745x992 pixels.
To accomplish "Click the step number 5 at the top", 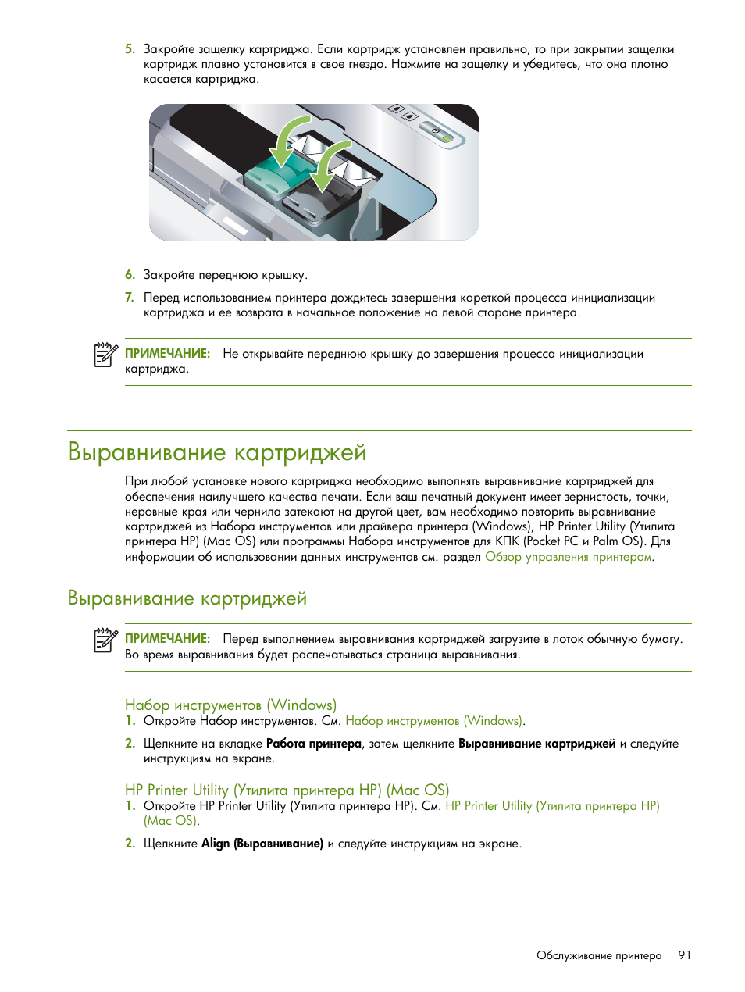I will point(130,49).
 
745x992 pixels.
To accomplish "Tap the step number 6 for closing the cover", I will point(130,275).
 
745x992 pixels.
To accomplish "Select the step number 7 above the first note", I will point(130,298).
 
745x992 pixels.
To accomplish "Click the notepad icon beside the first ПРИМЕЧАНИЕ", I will point(105,355).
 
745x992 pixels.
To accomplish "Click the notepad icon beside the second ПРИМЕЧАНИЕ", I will point(105,640).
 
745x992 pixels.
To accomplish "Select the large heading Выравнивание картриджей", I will point(216,453).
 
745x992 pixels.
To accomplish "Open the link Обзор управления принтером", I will point(568,557).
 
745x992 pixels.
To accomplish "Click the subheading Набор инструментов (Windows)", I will point(230,705).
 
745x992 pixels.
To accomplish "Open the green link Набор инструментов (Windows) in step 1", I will point(434,721).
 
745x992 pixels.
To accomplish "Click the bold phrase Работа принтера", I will point(313,744).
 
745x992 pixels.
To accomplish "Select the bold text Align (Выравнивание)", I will point(262,844).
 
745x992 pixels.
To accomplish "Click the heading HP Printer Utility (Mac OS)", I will point(287,790).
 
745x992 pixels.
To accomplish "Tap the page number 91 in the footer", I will point(684,955).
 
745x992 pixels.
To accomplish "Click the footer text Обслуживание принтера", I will point(598,955).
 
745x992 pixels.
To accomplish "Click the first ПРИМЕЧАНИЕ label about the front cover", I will point(167,354).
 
